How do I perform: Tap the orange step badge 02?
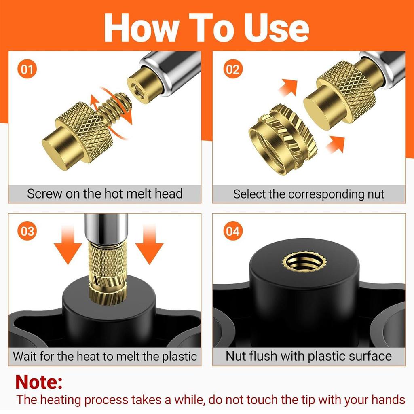[x=232, y=70]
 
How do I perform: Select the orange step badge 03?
[x=27, y=232]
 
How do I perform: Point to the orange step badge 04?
[x=232, y=232]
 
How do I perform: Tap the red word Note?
[x=39, y=382]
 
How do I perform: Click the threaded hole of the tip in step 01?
[x=136, y=85]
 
